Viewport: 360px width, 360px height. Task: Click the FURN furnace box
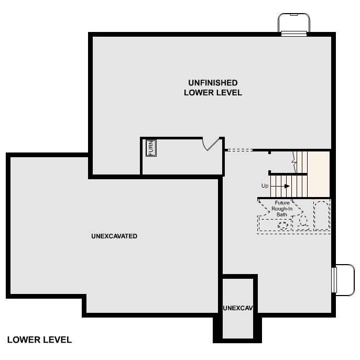[151, 148]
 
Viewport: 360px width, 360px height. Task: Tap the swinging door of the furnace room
[211, 144]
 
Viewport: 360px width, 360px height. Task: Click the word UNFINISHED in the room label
[213, 83]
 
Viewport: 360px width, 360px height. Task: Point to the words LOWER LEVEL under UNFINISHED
[213, 93]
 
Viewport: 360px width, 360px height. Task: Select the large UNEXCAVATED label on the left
[114, 236]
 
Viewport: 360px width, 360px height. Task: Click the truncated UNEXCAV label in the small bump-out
[238, 308]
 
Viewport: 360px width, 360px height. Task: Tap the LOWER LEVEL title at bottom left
[39, 340]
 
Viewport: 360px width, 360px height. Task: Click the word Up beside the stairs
[265, 186]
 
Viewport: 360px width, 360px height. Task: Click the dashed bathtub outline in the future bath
[321, 215]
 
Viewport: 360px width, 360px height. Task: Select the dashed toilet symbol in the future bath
[302, 222]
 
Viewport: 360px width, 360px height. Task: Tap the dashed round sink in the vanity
[283, 225]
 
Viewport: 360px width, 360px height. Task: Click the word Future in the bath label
[282, 203]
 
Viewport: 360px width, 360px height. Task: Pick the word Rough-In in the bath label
[282, 209]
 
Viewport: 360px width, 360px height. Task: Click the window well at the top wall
[294, 24]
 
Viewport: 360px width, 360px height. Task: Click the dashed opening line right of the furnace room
[238, 150]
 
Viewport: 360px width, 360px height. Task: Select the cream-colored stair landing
[318, 173]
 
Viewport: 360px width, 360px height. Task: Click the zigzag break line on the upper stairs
[294, 158]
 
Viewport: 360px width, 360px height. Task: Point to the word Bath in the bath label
[282, 214]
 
